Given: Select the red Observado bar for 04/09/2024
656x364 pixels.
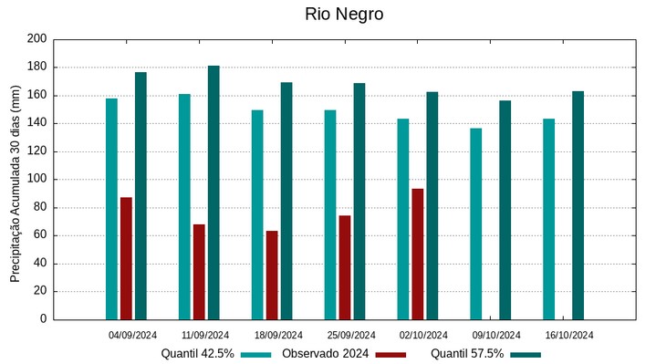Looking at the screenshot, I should pyautogui.click(x=126, y=258).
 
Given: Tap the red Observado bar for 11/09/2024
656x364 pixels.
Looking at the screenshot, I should pyautogui.click(x=199, y=272).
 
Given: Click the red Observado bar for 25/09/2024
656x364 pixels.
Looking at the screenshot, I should pyautogui.click(x=345, y=267).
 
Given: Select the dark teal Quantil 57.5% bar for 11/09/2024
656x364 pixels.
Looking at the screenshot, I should pyautogui.click(x=213, y=192).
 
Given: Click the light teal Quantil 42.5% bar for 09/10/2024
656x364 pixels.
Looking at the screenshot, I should pyautogui.click(x=476, y=224).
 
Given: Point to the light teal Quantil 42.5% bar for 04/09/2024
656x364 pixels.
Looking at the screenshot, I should pyautogui.click(x=111, y=209).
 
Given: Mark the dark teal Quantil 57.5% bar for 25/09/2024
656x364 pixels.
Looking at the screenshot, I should pyautogui.click(x=359, y=202).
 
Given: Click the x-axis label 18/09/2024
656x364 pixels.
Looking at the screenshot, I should pyautogui.click(x=278, y=335).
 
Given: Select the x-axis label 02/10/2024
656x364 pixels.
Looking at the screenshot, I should pyautogui.click(x=423, y=335).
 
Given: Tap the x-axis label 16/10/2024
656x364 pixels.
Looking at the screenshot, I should pyautogui.click(x=569, y=335).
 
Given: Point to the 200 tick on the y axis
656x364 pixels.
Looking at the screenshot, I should pyautogui.click(x=36, y=39).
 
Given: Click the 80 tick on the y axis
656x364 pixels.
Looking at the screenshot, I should pyautogui.click(x=39, y=207).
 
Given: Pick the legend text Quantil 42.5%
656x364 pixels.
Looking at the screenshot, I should pyautogui.click(x=198, y=354).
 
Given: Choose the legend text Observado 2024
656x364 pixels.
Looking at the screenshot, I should pyautogui.click(x=325, y=354).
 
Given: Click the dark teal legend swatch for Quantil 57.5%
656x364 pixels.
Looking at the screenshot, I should pyautogui.click(x=525, y=354).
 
